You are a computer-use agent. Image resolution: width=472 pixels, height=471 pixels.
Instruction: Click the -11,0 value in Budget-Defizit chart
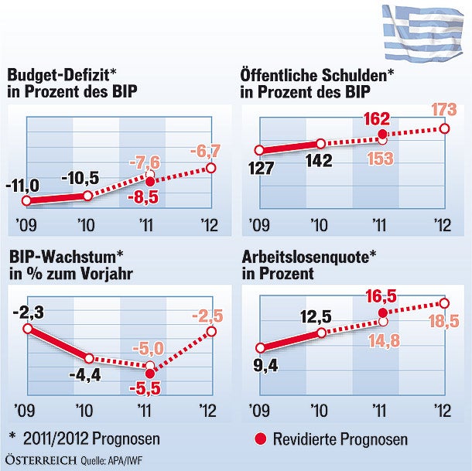click(24, 186)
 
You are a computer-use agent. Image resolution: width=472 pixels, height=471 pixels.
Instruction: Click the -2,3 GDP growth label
click(29, 312)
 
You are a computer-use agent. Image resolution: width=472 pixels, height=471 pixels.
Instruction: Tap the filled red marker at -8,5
click(150, 179)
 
